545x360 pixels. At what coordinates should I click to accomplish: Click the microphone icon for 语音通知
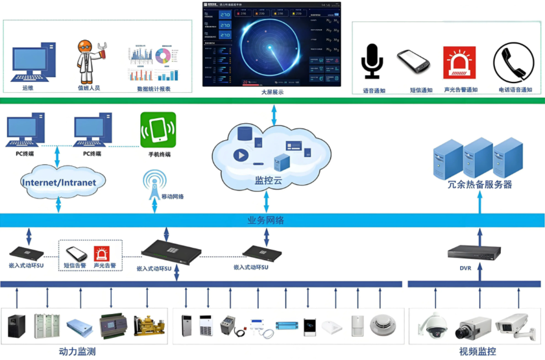[372, 62]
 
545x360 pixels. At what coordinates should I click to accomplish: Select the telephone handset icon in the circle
[513, 62]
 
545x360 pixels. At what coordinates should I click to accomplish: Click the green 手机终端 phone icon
[158, 130]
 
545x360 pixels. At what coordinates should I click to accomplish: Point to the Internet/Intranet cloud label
[58, 182]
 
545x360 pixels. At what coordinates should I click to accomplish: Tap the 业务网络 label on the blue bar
[265, 221]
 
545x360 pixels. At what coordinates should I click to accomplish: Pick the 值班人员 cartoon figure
[90, 62]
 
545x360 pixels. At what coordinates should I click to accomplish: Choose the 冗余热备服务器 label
[479, 184]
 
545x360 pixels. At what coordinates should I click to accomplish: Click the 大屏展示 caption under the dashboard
[272, 92]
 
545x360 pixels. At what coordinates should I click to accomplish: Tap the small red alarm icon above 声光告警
[102, 252]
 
